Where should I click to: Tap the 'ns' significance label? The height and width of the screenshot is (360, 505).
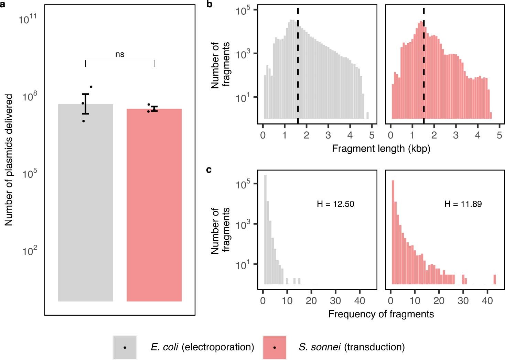[120, 54]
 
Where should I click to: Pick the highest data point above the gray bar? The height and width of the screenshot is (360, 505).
[91, 87]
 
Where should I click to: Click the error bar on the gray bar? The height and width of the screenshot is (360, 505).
[85, 103]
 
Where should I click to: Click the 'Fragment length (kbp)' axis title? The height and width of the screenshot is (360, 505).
[381, 149]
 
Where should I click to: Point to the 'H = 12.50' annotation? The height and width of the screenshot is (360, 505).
[335, 204]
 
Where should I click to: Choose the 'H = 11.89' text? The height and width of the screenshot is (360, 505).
[463, 204]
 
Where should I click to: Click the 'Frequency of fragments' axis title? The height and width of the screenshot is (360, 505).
[381, 314]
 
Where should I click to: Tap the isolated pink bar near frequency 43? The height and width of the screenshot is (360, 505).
[495, 279]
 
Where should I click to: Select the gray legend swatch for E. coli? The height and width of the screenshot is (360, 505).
[125, 347]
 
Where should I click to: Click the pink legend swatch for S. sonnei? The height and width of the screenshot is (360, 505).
[274, 347]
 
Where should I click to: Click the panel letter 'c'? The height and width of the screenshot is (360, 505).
[209, 170]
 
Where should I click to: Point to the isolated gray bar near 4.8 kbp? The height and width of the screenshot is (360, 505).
[367, 115]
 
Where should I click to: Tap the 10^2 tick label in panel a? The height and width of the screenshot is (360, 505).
[29, 251]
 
